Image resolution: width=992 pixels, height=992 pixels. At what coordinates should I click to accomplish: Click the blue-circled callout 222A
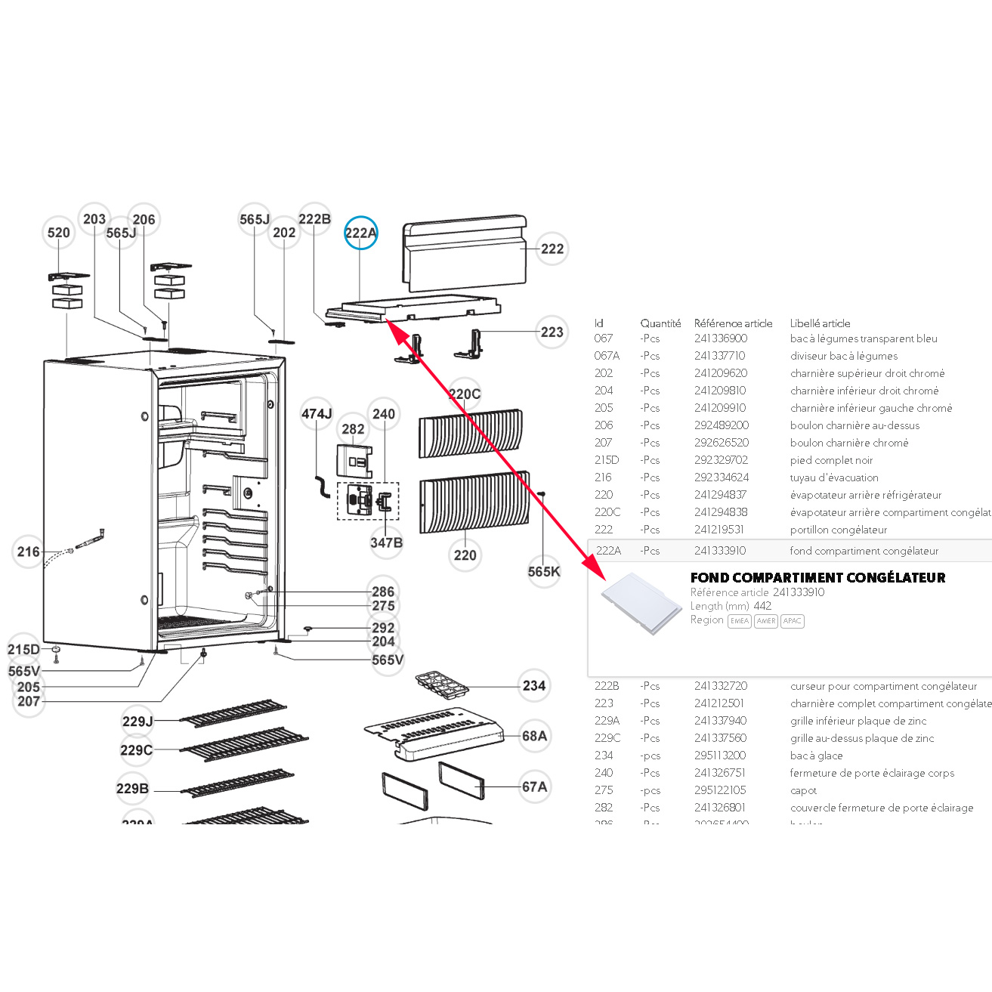360,233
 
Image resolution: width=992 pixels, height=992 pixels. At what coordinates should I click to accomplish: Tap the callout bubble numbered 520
59,233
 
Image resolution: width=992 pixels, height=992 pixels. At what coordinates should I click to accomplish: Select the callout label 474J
317,414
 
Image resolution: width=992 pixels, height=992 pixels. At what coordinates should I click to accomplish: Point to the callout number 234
534,686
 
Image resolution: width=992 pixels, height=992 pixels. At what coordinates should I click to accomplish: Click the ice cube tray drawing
442,685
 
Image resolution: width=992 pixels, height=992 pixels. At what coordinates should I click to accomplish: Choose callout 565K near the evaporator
544,572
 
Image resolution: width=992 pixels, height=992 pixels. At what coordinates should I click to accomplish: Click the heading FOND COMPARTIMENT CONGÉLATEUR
817,578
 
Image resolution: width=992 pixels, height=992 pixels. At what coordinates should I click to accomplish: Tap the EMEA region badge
739,621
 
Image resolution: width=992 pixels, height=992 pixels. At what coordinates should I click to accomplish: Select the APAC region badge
793,621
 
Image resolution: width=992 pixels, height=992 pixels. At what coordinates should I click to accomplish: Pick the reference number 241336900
721,338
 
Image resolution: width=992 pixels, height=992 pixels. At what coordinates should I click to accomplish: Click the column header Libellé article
820,323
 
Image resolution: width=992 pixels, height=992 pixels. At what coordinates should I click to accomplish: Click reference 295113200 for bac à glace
720,756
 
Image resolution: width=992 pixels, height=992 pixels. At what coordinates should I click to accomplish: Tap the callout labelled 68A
534,736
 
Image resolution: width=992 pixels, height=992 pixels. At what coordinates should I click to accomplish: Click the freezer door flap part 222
464,252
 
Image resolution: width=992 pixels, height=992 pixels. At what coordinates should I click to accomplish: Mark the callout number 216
29,552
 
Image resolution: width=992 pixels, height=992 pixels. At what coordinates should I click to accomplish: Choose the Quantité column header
660,323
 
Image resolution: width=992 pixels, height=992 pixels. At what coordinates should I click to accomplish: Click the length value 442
762,606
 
